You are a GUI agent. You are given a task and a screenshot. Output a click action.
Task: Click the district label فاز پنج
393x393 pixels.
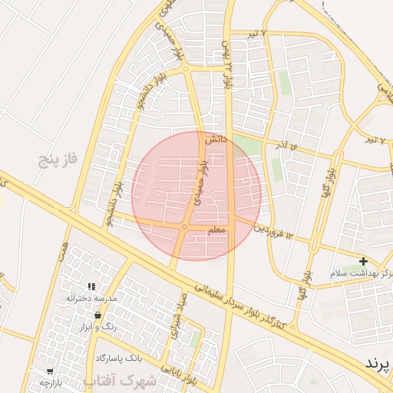pos(61,160)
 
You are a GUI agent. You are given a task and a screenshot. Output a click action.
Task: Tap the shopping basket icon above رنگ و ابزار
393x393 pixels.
pos(97,315)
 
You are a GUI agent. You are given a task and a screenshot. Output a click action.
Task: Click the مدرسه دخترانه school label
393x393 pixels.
pos(91,297)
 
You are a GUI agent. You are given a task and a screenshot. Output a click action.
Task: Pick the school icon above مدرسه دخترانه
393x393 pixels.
pos(91,286)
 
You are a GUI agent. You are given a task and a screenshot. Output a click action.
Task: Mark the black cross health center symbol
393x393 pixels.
pos(363,261)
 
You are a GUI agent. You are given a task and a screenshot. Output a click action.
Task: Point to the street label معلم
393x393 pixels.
pos(216,230)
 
